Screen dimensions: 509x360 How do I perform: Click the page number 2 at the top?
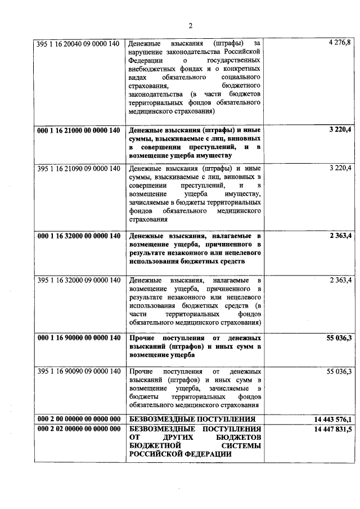tap(191, 25)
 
